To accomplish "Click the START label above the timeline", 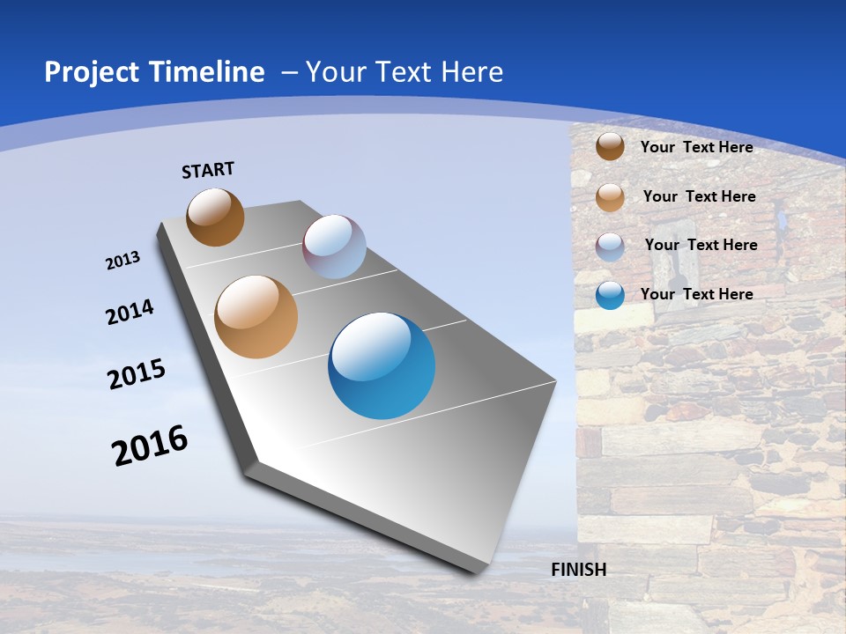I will pyautogui.click(x=208, y=170).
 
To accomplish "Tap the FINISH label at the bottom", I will pyautogui.click(x=578, y=570).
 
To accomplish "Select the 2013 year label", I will pyautogui.click(x=122, y=261).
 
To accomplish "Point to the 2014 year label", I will pyautogui.click(x=130, y=313).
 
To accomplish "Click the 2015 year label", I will pyautogui.click(x=137, y=373).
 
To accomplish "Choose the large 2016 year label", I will pyautogui.click(x=150, y=446).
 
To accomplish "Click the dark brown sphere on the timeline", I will pyautogui.click(x=215, y=217).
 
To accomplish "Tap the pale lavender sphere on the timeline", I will pyautogui.click(x=334, y=247).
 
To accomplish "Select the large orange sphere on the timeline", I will pyautogui.click(x=256, y=317).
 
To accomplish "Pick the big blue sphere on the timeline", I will pyautogui.click(x=382, y=365).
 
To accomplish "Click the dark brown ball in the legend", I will pyautogui.click(x=610, y=146).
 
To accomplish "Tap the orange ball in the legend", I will pyautogui.click(x=610, y=197).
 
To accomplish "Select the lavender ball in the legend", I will pyautogui.click(x=610, y=246).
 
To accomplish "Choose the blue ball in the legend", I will pyautogui.click(x=610, y=295).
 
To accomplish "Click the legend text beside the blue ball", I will pyautogui.click(x=696, y=294).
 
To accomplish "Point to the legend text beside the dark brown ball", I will pyautogui.click(x=696, y=147).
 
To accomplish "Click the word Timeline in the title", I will pyautogui.click(x=207, y=72).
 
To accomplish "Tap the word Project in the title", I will pyautogui.click(x=91, y=72).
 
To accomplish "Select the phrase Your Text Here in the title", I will pyautogui.click(x=404, y=72).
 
